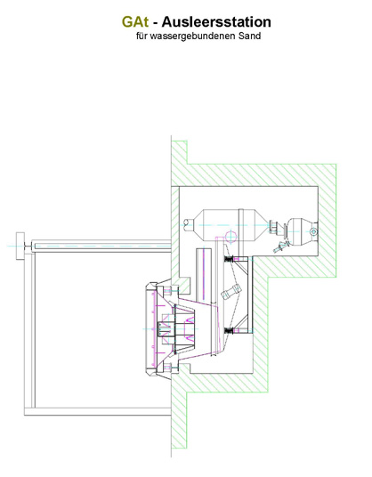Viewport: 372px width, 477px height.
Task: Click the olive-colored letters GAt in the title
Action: coord(135,22)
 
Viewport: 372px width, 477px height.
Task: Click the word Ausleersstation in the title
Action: coord(216,22)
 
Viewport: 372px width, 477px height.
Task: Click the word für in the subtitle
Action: coord(142,36)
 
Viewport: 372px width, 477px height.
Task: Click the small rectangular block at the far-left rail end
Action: coord(20,246)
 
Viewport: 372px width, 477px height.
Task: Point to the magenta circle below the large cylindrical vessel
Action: coord(230,237)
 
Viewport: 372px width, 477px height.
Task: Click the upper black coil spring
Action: coord(229,259)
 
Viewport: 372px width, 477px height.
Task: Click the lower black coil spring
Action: coord(229,331)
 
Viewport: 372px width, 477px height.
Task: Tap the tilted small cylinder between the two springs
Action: coord(231,291)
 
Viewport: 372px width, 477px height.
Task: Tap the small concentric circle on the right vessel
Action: coord(313,232)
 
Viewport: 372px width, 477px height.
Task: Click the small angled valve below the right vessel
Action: coord(280,247)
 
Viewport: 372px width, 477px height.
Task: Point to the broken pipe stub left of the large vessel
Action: coord(189,225)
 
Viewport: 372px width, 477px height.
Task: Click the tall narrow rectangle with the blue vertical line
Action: coord(204,275)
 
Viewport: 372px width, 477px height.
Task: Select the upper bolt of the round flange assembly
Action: coord(171,291)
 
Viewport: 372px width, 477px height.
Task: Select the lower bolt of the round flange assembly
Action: coord(171,368)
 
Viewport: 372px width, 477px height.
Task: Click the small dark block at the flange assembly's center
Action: coord(164,329)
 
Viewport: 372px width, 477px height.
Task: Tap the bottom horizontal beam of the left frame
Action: coord(98,412)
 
